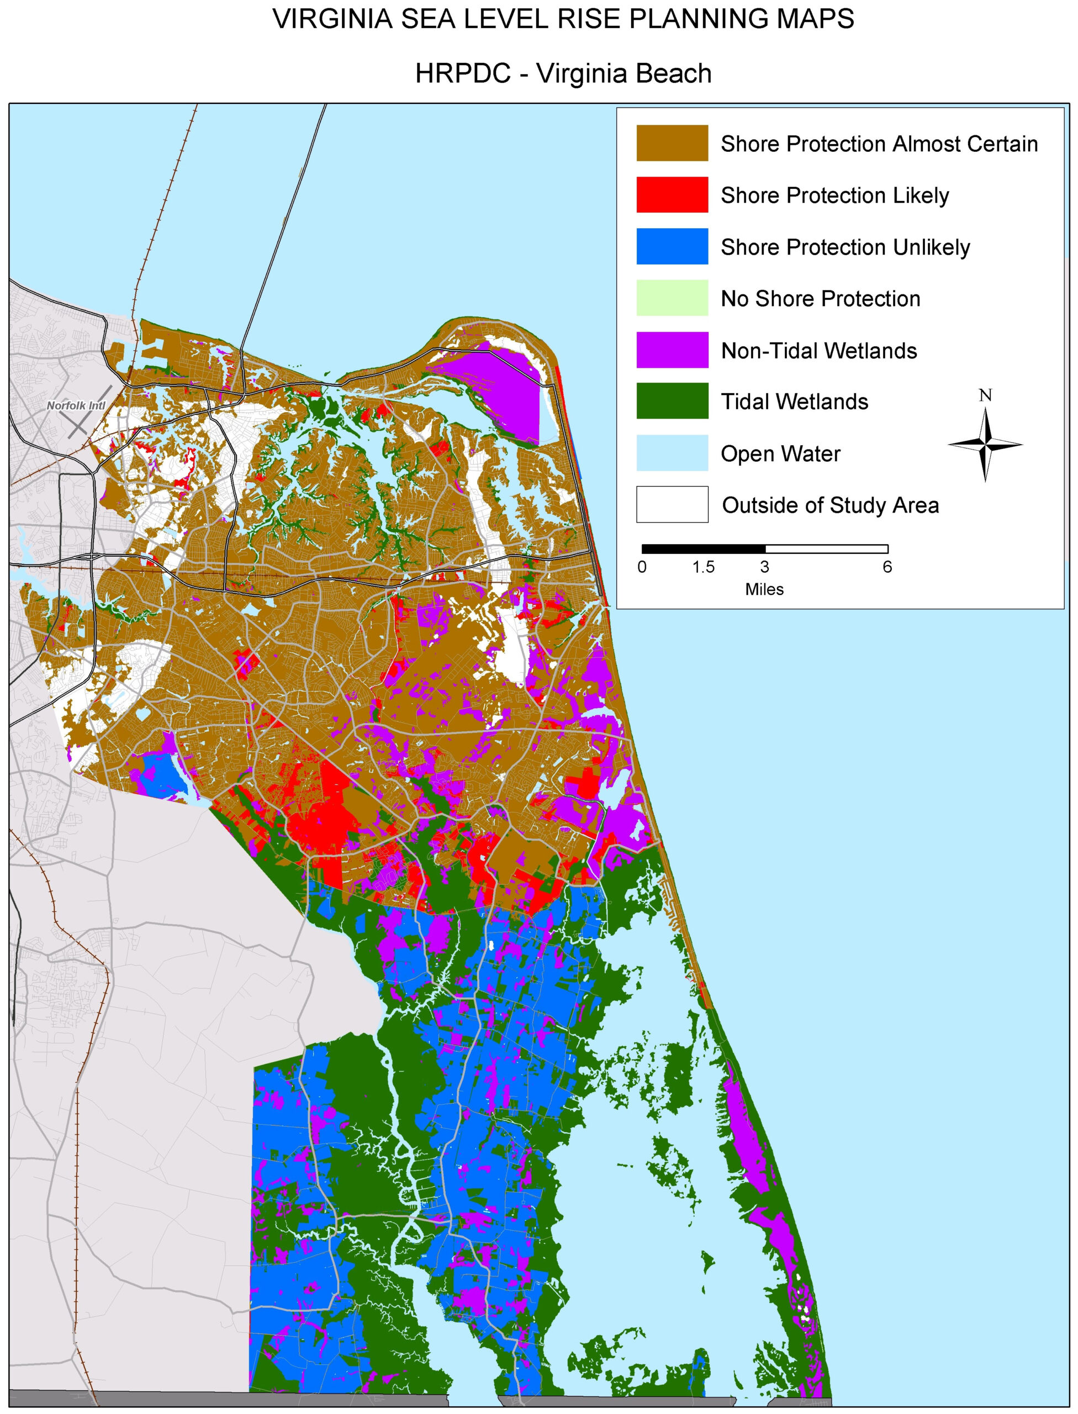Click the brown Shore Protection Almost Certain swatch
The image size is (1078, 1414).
(672, 143)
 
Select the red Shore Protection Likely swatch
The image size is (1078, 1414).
(672, 194)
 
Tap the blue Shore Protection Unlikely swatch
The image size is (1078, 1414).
(672, 246)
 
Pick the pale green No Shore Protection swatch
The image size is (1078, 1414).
(672, 298)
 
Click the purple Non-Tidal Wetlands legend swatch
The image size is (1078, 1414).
(672, 350)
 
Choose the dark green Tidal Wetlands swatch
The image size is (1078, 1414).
(672, 401)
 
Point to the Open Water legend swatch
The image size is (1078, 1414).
(672, 453)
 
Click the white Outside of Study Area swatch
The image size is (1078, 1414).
(672, 504)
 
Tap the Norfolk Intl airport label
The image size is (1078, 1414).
(76, 405)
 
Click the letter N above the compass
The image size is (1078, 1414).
(985, 396)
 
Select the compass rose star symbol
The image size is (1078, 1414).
(985, 444)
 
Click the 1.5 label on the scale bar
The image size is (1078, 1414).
(703, 567)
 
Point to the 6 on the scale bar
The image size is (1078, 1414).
(887, 567)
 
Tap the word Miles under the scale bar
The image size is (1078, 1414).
(764, 589)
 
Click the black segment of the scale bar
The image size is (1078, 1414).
(703, 549)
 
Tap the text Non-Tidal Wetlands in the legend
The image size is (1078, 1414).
(819, 350)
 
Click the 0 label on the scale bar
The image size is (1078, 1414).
(642, 567)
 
